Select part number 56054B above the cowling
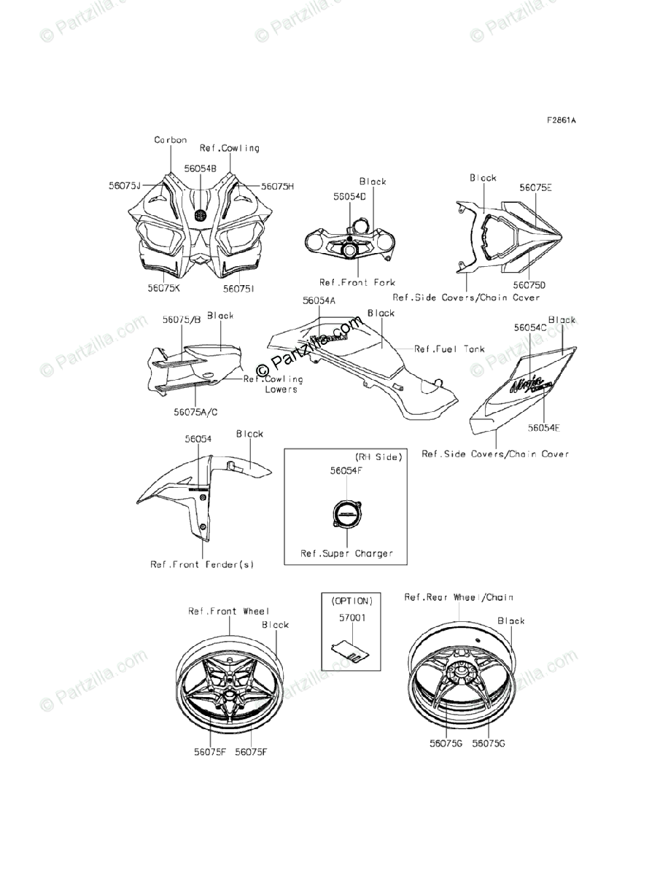200,168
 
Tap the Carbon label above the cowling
170,140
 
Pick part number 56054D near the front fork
349,197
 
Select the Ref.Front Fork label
357,282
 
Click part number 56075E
536,187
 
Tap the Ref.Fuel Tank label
449,349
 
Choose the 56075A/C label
195,412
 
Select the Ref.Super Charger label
347,553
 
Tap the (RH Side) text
378,456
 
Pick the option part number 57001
348,618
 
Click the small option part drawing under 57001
347,650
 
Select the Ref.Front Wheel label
228,611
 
